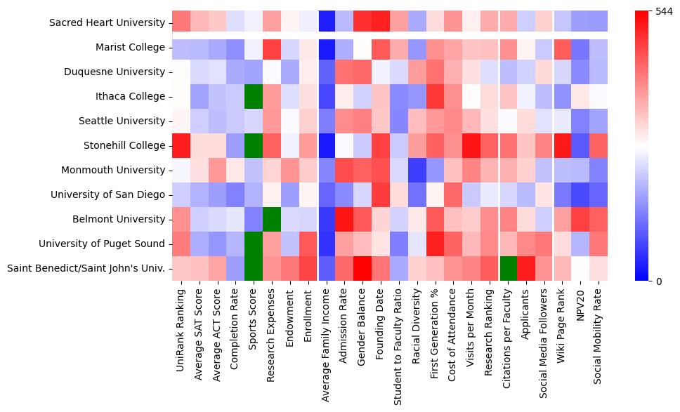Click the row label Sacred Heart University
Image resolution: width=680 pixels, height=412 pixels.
click(x=108, y=23)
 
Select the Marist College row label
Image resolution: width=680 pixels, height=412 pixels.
click(x=131, y=48)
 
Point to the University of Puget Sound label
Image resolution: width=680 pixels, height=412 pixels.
click(x=102, y=244)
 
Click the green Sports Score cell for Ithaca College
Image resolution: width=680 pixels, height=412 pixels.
click(x=254, y=97)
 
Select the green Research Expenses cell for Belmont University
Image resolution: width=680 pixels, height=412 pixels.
click(x=272, y=220)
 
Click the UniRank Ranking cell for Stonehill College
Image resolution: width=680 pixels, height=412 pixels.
click(x=181, y=146)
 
